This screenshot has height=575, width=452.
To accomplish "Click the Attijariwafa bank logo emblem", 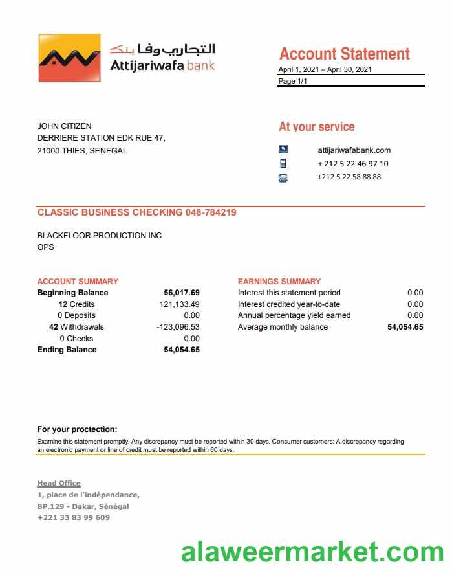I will pos(69,58).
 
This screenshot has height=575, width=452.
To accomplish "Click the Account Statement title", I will pos(344,54).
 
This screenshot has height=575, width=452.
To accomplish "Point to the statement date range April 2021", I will pos(325,70).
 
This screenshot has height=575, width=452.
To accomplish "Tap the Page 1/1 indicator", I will pos(292,82).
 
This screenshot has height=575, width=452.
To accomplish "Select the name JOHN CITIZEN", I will pos(64,126).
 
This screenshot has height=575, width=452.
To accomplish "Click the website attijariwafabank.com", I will pos(354,150).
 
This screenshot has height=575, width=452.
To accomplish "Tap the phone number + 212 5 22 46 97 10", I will pos(352,164).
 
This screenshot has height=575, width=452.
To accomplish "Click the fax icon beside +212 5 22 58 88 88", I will pos(283,177).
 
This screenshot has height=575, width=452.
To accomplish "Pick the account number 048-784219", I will pos(211,212).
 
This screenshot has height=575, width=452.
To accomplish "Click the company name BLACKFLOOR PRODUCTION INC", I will pos(100,236).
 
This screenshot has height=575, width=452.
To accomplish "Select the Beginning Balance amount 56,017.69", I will pos(182,293).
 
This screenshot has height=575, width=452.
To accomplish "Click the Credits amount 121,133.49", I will pos(179,304).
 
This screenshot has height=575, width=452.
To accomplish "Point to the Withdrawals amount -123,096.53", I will pos(178,327).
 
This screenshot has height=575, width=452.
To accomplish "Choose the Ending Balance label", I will pos(67,350).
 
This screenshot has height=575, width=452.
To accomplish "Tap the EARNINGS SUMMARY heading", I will pos(279,282).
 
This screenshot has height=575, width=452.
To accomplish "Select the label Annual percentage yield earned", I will pos(294,315).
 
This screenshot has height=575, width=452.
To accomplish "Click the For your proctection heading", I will pos(77,429).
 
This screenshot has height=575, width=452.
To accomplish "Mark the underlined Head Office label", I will pos(59,484).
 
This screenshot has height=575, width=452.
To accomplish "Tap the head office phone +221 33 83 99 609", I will pos(73,517).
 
